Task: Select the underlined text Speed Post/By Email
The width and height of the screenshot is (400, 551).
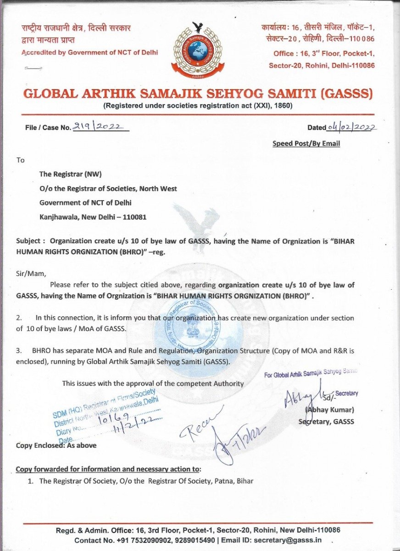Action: tap(306, 144)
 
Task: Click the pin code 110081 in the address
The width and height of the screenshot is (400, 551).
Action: tap(136, 217)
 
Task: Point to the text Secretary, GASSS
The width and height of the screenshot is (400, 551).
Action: tap(326, 422)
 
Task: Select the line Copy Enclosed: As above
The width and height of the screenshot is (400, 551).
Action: tap(56, 445)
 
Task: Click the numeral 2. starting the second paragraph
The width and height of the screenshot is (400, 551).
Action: tap(19, 317)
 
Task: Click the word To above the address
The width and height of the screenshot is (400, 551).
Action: tap(20, 160)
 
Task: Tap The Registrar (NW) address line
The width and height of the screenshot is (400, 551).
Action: tap(70, 174)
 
